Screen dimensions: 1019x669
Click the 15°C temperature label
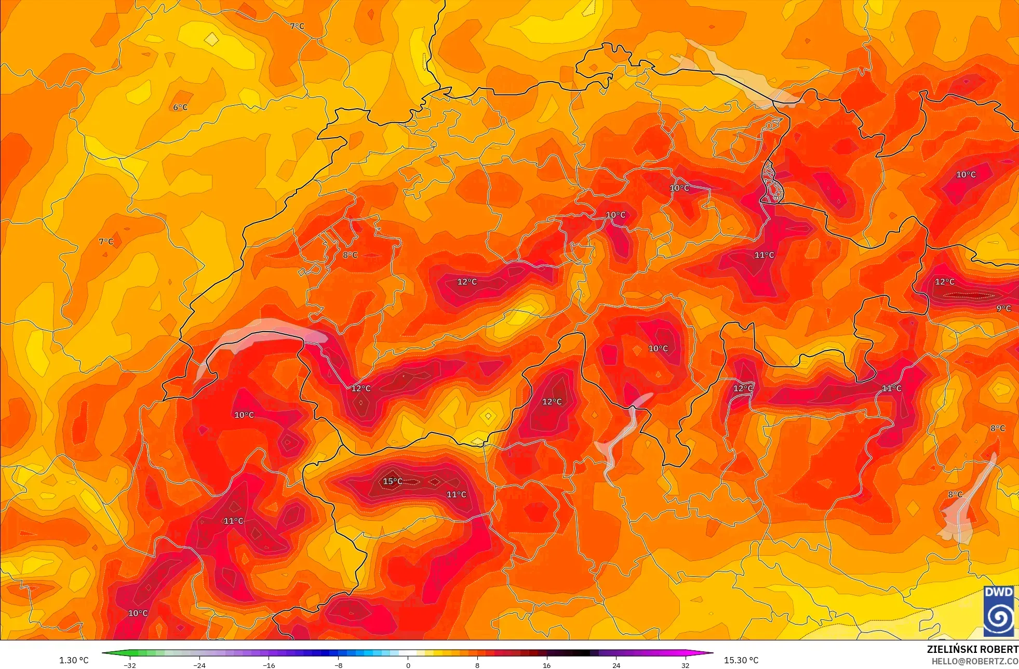coord(393,481)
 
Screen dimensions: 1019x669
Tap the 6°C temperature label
coord(180,107)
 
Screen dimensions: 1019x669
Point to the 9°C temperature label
coord(1003,308)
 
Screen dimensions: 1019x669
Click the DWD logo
coord(998,611)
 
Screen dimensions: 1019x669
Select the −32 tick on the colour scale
coord(130,665)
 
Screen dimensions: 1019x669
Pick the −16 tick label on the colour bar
coord(269,665)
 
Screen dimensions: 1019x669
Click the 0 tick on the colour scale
coord(408,665)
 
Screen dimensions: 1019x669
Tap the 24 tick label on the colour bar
coord(616,665)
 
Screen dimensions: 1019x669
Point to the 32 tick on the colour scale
coord(686,665)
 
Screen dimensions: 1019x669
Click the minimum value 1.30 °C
coord(74,660)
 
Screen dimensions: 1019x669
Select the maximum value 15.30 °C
coord(741,660)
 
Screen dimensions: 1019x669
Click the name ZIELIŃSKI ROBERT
coord(972,649)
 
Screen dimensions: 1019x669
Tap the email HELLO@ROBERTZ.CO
coord(974,661)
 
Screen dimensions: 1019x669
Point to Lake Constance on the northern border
coord(738,73)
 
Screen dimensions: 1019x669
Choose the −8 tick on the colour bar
coord(338,665)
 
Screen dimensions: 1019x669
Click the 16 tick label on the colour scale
coord(546,665)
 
